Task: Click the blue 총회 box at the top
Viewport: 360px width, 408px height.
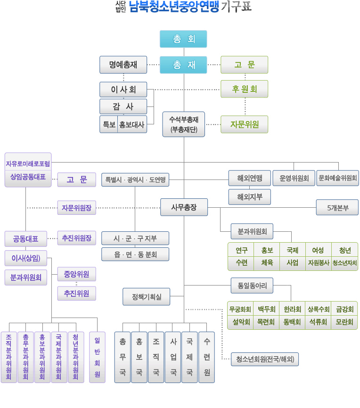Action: (x=183, y=39)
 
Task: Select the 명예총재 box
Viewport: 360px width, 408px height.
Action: (x=123, y=65)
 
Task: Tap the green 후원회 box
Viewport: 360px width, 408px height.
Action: (x=244, y=89)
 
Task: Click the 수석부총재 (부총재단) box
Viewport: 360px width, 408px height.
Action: (x=184, y=124)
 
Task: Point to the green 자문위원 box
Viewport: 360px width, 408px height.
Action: (x=244, y=124)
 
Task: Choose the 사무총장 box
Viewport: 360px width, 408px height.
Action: (x=184, y=207)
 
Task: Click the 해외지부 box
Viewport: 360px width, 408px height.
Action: (x=250, y=196)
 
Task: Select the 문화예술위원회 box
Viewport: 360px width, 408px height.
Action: (x=337, y=178)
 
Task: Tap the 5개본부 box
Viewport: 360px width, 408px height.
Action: (x=337, y=207)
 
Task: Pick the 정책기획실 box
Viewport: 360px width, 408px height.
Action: (x=146, y=296)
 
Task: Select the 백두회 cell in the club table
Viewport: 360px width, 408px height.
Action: (x=266, y=309)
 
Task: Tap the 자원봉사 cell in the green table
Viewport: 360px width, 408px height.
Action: (x=319, y=263)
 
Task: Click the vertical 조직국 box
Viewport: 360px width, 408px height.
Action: (x=156, y=357)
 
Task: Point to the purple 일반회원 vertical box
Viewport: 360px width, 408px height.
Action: (x=97, y=357)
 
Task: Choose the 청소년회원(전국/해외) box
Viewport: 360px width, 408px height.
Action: (x=265, y=359)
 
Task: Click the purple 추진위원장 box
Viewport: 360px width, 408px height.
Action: (x=77, y=237)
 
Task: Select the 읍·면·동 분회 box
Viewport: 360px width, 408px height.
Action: (x=135, y=254)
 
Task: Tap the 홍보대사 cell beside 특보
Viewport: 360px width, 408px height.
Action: (x=132, y=124)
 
